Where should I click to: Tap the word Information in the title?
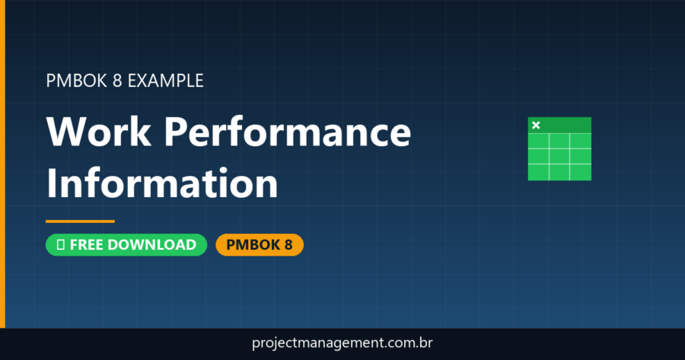(161, 183)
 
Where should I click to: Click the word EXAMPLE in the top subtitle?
(165, 80)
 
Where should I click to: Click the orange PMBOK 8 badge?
(260, 245)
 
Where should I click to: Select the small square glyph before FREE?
(60, 245)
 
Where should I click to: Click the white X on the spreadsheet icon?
(536, 125)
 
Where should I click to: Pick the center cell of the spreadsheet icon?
(559, 156)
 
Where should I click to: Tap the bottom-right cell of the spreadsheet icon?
(581, 171)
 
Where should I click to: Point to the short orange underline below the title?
(80, 221)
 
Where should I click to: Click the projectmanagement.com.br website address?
(342, 343)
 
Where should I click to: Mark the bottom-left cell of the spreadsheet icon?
(538, 171)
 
